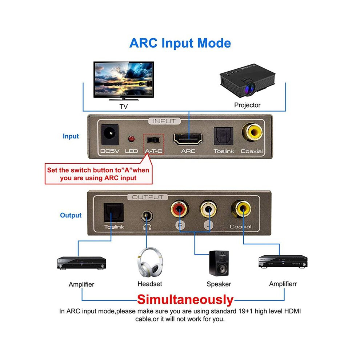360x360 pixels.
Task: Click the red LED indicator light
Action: tap(131, 139)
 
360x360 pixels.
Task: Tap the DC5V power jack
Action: tap(110, 135)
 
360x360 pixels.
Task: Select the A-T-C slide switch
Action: tap(153, 140)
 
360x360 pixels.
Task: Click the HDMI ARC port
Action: tap(188, 139)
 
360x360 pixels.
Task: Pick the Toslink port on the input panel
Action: tap(223, 136)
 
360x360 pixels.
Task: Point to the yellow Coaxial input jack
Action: tap(252, 132)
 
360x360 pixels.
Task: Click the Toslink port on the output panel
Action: tap(114, 212)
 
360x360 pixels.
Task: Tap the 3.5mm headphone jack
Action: tap(147, 216)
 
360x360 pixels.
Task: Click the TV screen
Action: tap(124, 79)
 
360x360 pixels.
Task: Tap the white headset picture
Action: tap(150, 262)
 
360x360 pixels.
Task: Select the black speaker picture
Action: tap(219, 263)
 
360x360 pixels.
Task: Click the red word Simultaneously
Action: tap(185, 300)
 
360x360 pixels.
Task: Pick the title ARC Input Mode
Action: tap(180, 43)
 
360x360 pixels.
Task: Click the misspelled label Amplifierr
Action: tap(283, 284)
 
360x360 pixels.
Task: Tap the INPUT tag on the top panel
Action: tap(164, 121)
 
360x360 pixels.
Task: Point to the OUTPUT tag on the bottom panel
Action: tap(148, 197)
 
